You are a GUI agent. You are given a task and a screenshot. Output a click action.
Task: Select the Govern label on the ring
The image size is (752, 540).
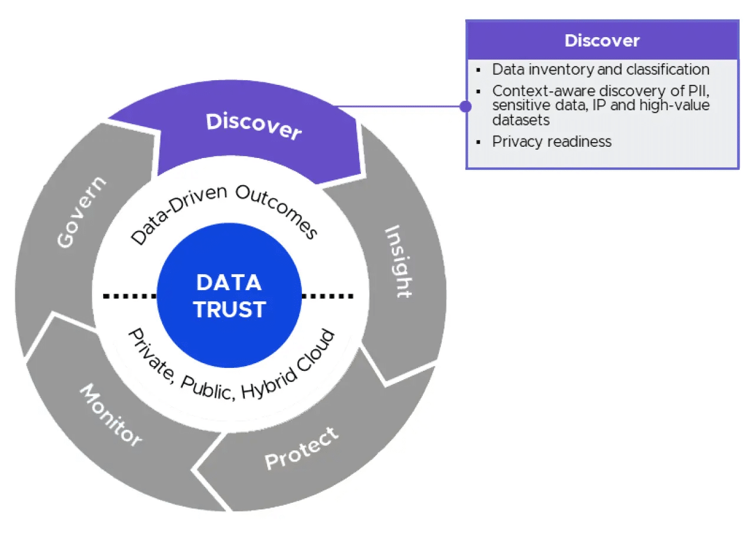coord(82,212)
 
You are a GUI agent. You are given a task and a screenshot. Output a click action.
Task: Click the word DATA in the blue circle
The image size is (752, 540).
coord(229,283)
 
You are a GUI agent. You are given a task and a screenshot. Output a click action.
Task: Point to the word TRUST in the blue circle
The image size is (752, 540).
coord(229,309)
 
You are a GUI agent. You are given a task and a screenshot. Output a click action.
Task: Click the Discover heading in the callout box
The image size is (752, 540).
coord(602,40)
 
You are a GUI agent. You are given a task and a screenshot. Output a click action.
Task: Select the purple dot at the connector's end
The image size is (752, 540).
coord(465,106)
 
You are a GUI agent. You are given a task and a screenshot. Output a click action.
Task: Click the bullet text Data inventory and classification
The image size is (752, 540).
coord(600,70)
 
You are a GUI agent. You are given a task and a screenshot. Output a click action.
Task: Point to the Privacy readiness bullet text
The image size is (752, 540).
coord(551,141)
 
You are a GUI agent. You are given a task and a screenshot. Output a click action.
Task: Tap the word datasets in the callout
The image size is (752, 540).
coord(521,120)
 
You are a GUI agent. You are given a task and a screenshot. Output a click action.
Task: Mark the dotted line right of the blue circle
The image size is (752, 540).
coord(328,296)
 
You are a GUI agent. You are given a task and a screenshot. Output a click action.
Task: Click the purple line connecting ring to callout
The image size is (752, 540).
coord(401,107)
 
